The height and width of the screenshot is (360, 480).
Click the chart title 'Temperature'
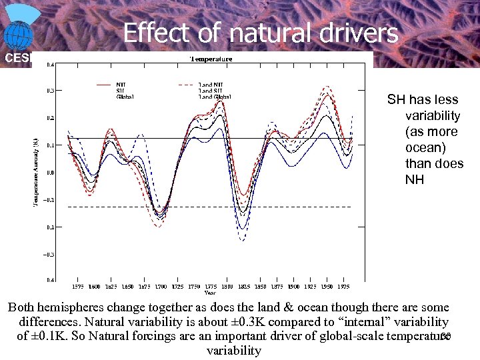tap(211, 59)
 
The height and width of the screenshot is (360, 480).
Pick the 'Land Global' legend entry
tap(215, 97)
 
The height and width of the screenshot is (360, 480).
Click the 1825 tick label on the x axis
tap(244, 287)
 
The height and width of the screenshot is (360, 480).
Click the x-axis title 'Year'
tap(210, 293)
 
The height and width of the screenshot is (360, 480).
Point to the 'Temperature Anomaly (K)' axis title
tap(36, 172)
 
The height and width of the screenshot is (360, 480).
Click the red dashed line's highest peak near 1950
tap(326, 86)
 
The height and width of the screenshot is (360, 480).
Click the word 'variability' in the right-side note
tap(433, 115)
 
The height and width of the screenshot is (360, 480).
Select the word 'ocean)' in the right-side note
tap(424, 147)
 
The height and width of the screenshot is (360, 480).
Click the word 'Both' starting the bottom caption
tap(22, 308)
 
